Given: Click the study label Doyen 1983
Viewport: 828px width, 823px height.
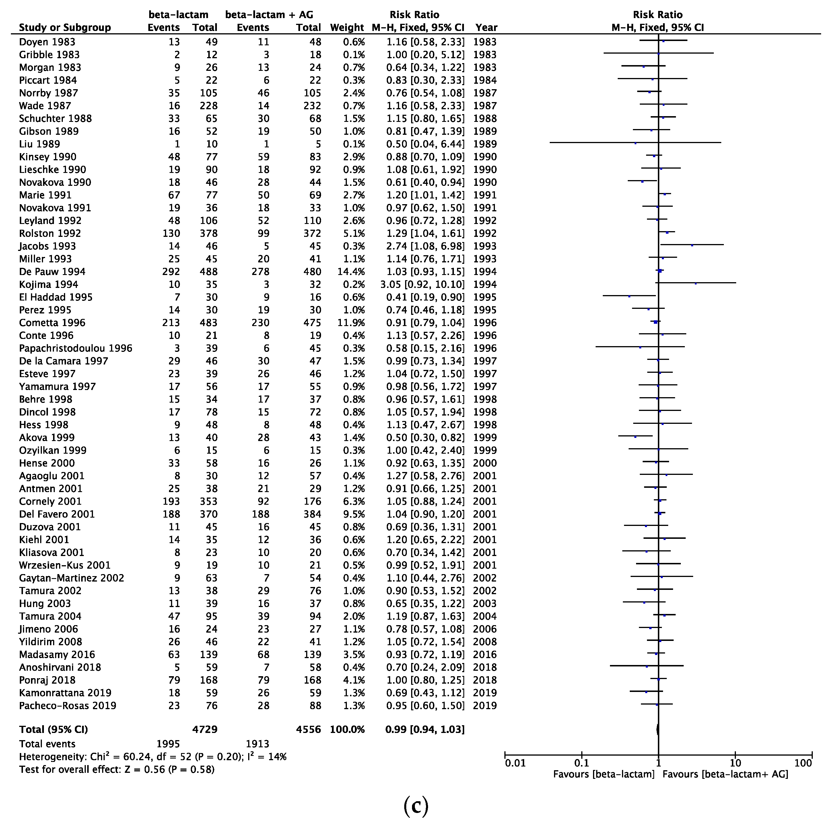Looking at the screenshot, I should [47, 42].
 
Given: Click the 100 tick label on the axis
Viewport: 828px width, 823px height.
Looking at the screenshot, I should [803, 763].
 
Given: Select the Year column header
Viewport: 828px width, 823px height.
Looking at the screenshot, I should [486, 28].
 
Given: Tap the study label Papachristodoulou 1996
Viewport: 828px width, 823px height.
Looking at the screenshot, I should [75, 348].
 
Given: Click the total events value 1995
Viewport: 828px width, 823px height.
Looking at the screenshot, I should [168, 744].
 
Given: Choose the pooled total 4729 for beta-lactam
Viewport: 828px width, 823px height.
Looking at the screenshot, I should [205, 730].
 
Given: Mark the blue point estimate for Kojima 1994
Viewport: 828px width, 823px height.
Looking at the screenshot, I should [695, 284].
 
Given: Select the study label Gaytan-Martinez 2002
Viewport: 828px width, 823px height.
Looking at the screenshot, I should [71, 578].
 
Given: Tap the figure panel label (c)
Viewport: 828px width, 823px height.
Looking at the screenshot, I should [416, 806].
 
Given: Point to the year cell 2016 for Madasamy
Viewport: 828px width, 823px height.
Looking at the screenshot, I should [485, 655].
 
